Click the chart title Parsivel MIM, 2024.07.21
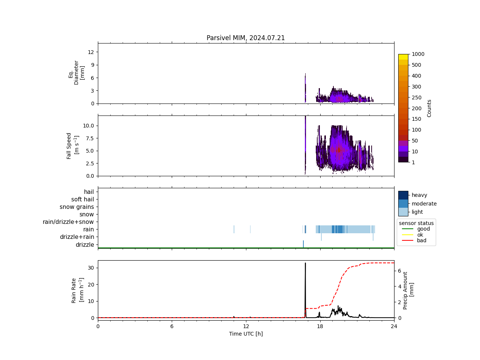(246, 38)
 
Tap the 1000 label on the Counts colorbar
(418, 54)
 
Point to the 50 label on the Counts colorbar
(415, 141)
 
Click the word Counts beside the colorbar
(429, 108)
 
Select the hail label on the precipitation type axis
(89, 192)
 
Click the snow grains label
(77, 207)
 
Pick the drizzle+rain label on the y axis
(77, 237)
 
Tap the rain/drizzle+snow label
(68, 222)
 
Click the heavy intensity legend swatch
(403, 195)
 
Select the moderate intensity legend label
(424, 204)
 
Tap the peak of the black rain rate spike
(305, 263)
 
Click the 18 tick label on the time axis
(320, 326)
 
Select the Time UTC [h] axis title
(246, 334)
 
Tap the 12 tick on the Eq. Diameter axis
(91, 52)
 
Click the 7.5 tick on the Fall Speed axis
(88, 138)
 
